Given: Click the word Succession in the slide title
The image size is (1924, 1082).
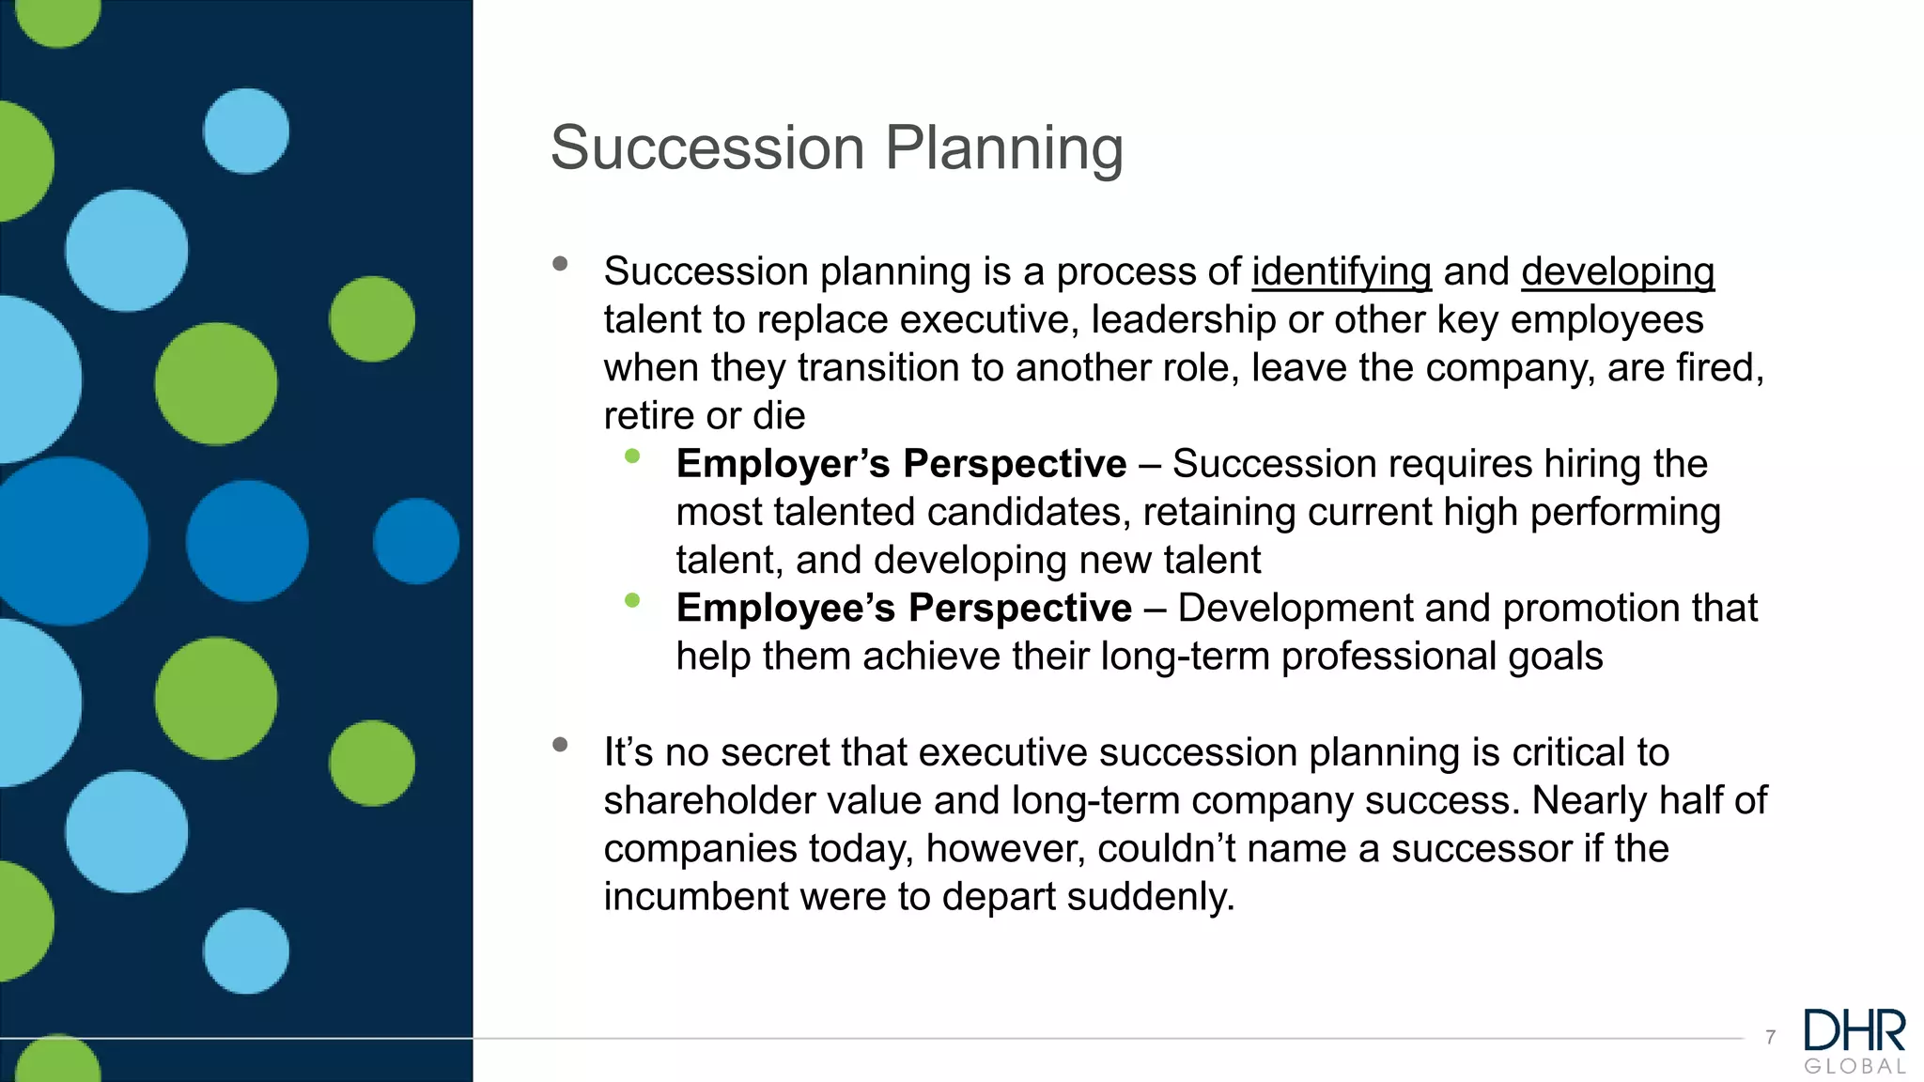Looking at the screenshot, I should (706, 148).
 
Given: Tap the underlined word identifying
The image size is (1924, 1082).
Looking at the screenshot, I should (1341, 272).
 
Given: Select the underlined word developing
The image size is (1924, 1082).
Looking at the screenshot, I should (1618, 272).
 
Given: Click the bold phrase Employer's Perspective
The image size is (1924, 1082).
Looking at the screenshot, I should (900, 464).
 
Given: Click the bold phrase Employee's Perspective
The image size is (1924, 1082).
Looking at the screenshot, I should (903, 609).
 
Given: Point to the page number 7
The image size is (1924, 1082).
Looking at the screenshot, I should (1770, 1038).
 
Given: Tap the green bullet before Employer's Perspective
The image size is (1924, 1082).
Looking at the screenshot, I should (632, 456).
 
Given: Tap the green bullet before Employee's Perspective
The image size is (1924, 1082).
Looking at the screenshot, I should (632, 600).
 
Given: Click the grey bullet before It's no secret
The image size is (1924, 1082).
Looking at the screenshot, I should (561, 745).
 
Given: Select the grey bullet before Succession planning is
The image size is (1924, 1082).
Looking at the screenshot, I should (561, 264).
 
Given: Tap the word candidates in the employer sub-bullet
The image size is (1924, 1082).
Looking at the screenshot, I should (1028, 513).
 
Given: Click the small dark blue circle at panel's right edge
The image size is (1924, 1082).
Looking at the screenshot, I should (416, 541).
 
